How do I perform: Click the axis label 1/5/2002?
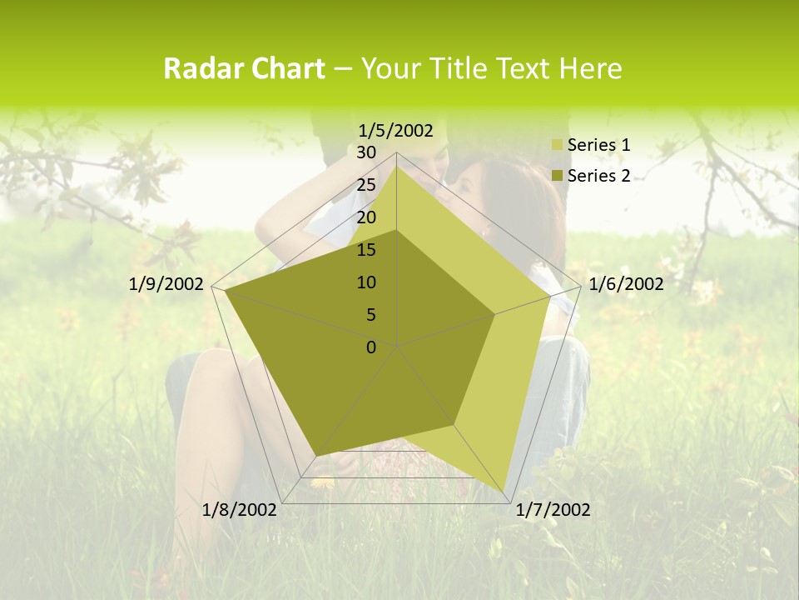(396, 130)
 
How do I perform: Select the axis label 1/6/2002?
(626, 284)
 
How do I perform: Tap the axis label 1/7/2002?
(553, 510)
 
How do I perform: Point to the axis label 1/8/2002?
(240, 510)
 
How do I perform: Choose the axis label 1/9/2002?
(166, 284)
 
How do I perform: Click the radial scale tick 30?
(366, 152)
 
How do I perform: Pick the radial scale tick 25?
(366, 185)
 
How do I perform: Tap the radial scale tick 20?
(366, 217)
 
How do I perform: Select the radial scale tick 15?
(366, 250)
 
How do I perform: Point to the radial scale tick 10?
(366, 282)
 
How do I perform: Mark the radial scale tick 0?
(371, 347)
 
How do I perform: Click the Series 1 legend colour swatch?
(558, 145)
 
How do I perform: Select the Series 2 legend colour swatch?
(558, 176)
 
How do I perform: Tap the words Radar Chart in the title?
(244, 69)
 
